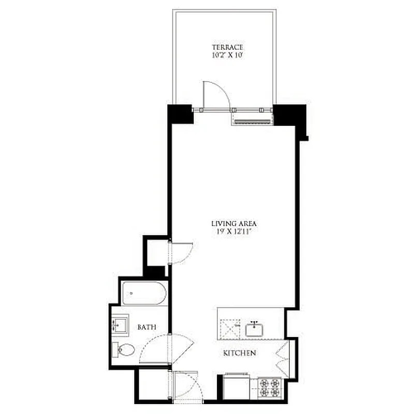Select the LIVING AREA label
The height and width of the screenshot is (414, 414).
(234, 224)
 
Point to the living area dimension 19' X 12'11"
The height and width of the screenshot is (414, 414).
(234, 232)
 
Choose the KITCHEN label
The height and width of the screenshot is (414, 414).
(240, 353)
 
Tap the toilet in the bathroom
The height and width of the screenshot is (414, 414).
(123, 350)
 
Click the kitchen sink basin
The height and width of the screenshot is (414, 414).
(255, 330)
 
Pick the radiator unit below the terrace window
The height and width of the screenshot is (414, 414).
(252, 120)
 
